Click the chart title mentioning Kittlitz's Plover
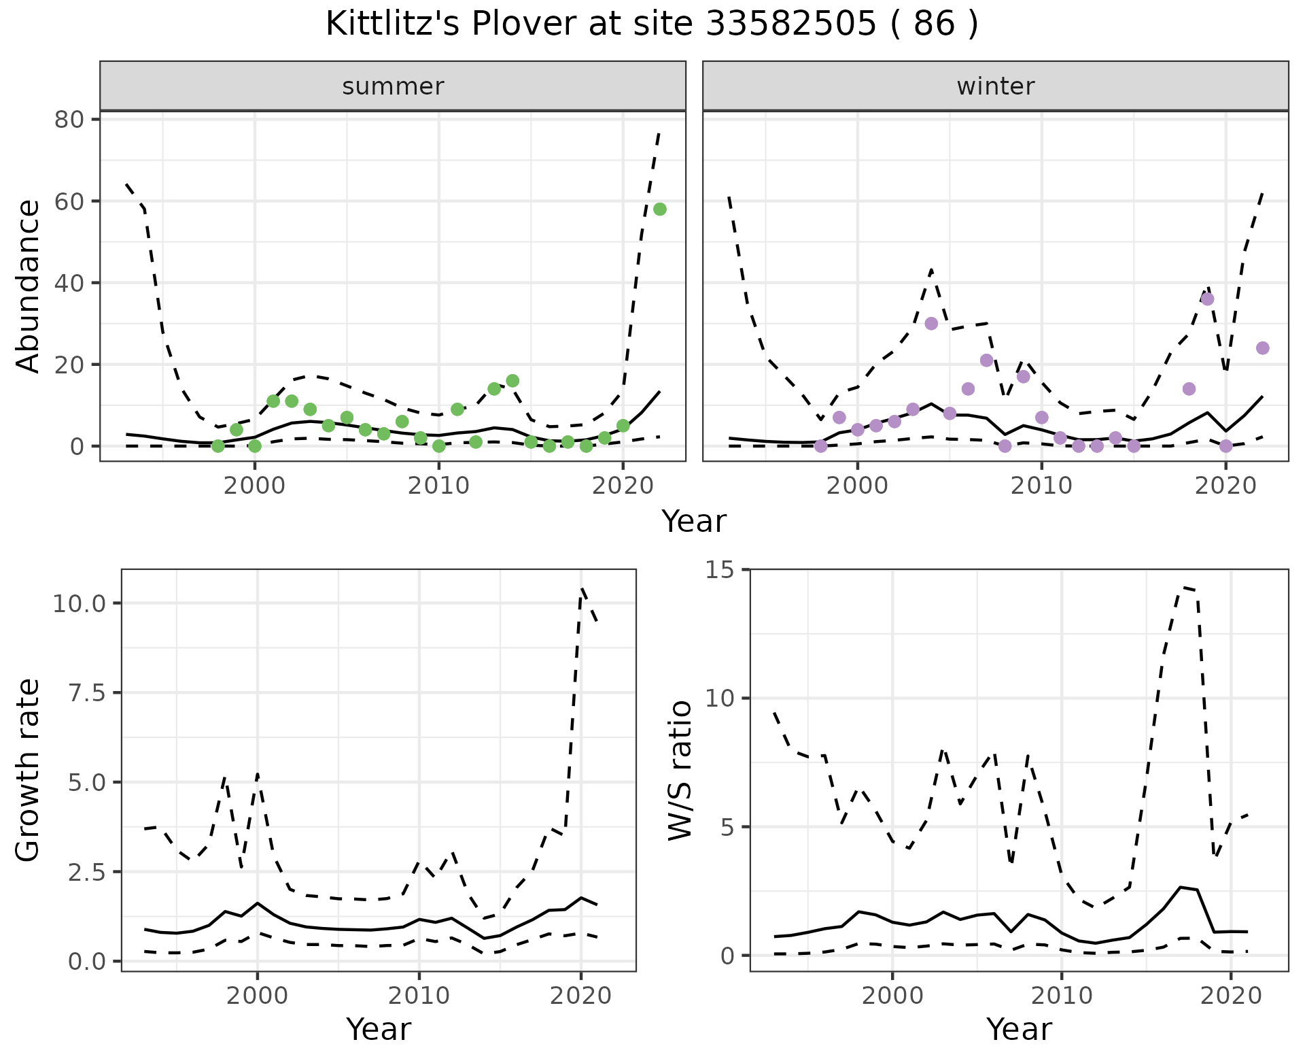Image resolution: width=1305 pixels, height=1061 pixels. pos(652,25)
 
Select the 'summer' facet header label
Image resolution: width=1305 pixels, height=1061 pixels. pos(393,86)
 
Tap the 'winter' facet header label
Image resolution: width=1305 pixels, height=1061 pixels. pos(995,86)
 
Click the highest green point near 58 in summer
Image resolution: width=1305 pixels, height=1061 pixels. pos(659,209)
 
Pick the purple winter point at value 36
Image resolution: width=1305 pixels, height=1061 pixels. pos(1207,299)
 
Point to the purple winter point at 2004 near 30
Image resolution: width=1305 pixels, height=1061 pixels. pos(931,324)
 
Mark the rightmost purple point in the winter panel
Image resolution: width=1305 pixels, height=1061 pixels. pos(1262,348)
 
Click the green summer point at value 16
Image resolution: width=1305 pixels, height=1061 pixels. pos(512,381)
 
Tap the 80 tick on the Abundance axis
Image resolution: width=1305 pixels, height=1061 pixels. pos(68,120)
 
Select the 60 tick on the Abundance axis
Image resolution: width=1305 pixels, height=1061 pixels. pos(68,201)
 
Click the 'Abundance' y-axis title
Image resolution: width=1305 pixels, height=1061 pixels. pos(29,286)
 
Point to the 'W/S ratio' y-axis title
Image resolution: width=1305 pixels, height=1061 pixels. pos(680,770)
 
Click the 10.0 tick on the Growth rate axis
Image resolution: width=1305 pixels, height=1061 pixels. pos(80,603)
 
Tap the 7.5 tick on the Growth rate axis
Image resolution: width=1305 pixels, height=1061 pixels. pos(88,693)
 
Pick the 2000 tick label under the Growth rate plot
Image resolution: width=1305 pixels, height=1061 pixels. pos(257,996)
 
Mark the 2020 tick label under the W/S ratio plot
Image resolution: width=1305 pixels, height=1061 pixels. pos(1230,996)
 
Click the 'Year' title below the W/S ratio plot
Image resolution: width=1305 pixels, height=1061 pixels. pos(1019,1030)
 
